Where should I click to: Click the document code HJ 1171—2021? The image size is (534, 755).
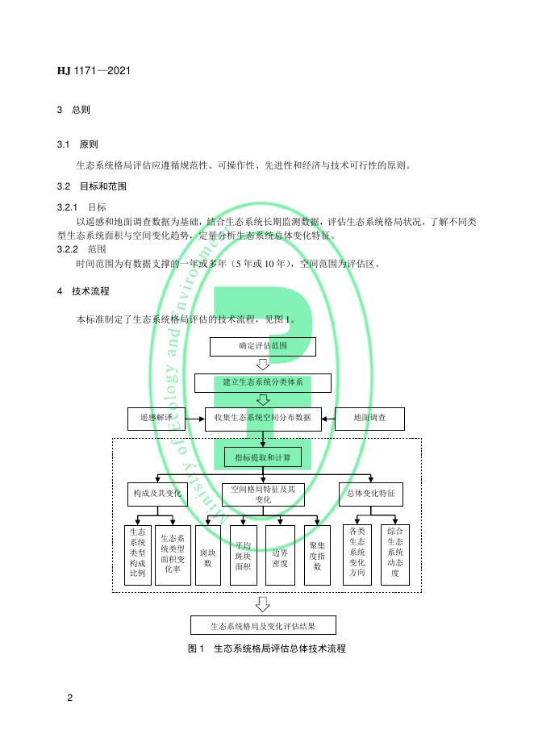click(94, 71)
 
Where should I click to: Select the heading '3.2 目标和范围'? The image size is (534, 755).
click(91, 186)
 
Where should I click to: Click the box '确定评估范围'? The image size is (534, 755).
click(263, 346)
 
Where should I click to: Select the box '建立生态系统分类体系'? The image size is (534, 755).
click(263, 382)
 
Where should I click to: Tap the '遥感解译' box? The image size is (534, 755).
click(156, 418)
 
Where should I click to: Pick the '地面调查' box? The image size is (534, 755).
click(369, 418)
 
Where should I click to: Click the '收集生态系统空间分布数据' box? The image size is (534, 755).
click(263, 418)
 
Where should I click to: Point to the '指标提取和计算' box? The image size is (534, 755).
click(263, 457)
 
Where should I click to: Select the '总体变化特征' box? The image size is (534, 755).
click(370, 493)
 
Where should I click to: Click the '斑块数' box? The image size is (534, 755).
click(207, 556)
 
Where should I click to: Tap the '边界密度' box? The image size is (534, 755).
click(280, 556)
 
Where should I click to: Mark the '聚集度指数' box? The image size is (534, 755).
click(317, 556)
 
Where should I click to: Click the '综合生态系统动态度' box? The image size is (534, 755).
click(395, 556)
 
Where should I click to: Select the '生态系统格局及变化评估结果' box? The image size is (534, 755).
click(263, 625)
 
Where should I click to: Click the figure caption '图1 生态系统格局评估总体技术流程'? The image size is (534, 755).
click(266, 649)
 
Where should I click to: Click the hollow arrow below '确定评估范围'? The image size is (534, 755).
click(263, 364)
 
